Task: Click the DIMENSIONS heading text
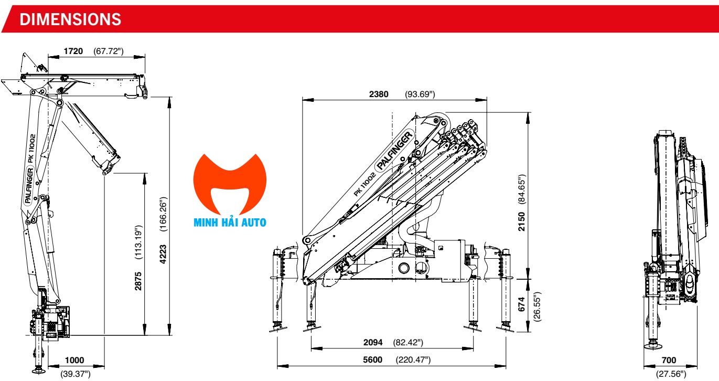coord(70,19)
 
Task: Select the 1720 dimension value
coord(73,51)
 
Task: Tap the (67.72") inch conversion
coord(109,51)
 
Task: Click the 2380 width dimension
coord(379,94)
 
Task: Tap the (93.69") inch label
coord(420,94)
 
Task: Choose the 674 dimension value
coord(522,305)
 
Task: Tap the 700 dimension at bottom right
coord(669,361)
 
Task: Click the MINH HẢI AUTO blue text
coord(230,223)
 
